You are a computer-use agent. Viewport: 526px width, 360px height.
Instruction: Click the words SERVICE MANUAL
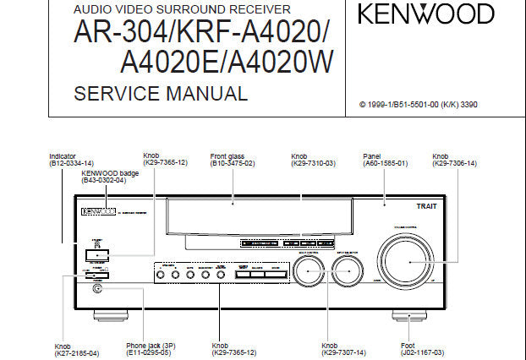tap(161, 94)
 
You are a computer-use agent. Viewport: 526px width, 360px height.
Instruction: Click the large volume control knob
tap(409, 262)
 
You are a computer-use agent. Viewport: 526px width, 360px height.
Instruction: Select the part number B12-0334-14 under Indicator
tap(71, 162)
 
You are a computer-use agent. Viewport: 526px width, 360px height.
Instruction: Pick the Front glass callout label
tap(230, 156)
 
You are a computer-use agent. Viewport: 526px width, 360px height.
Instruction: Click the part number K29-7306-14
tap(455, 162)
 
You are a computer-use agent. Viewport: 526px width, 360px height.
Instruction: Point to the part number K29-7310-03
tap(314, 162)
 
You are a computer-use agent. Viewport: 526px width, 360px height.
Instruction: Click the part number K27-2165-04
tap(77, 352)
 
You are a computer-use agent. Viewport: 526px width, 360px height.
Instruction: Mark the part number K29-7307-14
tap(344, 352)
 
